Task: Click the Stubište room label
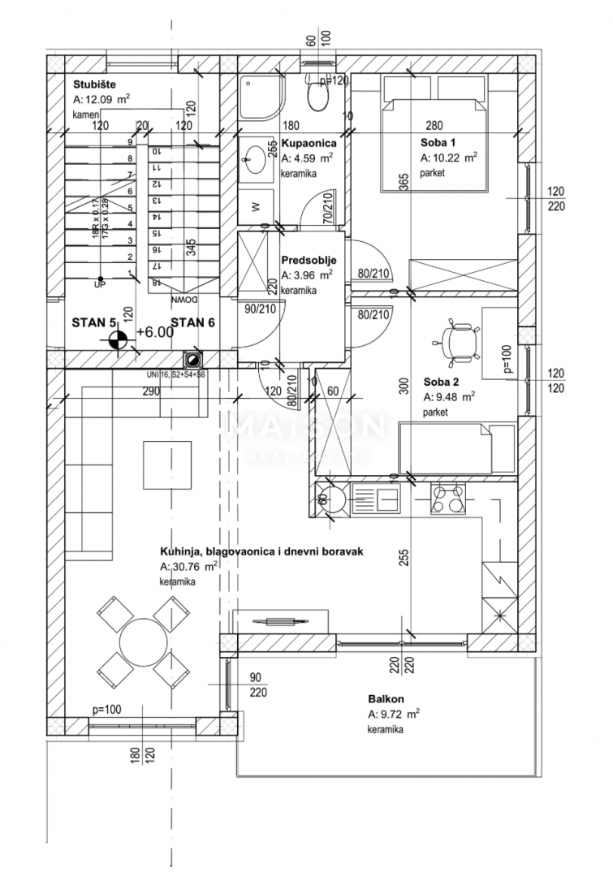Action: tap(88, 84)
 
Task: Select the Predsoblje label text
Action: tap(309, 261)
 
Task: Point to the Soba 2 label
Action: tap(442, 382)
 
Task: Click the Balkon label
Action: tap(386, 698)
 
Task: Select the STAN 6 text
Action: tap(192, 322)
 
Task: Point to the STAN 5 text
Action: tap(93, 322)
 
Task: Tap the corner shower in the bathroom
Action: tap(261, 99)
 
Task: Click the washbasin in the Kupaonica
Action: tap(258, 156)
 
